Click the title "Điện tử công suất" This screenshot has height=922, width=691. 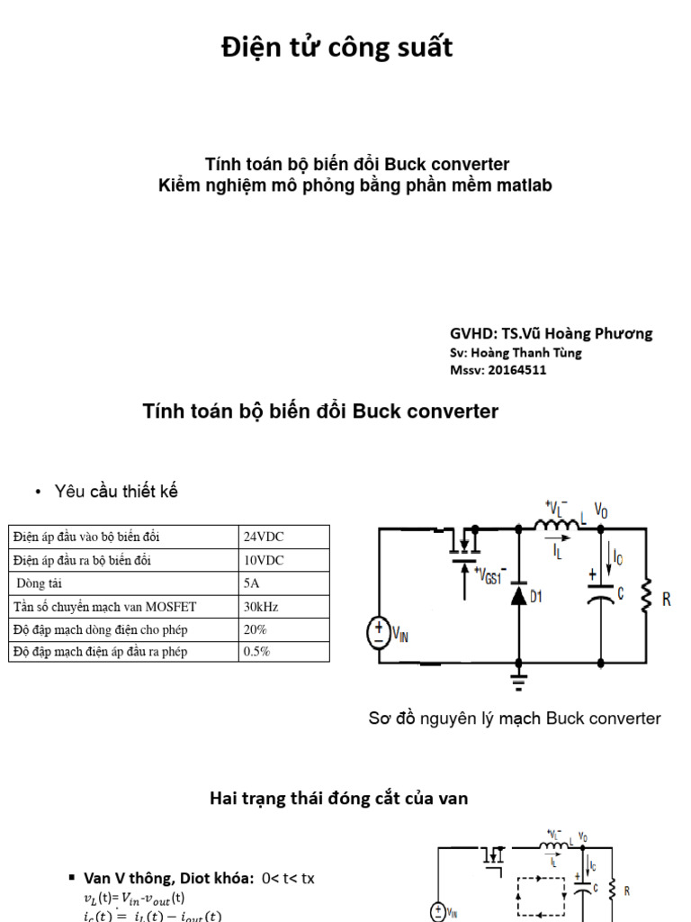coord(337,48)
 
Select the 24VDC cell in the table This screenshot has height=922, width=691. coord(264,537)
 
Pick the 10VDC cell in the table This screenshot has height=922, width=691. coord(264,560)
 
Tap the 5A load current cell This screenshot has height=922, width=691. coord(252,583)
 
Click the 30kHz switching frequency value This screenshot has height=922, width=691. coord(261,606)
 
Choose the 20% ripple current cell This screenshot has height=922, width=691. coord(256,628)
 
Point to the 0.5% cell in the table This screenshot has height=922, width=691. coord(257,651)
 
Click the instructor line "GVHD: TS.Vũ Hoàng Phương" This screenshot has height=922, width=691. coord(551,333)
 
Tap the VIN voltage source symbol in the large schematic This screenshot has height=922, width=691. coord(379,633)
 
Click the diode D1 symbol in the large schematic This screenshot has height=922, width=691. coord(519,595)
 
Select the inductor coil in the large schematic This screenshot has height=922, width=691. coord(558,525)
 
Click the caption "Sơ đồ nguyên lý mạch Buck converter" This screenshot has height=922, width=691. coord(515,719)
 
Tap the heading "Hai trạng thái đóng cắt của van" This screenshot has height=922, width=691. coord(338,798)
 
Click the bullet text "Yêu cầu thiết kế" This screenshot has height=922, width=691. coord(116,492)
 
